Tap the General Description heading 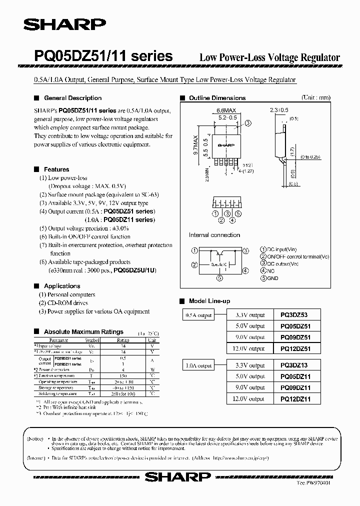(x=72, y=98)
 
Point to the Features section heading (x=56, y=169)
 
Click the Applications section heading (x=62, y=286)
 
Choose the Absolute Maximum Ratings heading (x=83, y=332)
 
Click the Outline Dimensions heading (x=217, y=98)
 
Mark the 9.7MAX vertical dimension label (x=196, y=145)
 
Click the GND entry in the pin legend (x=273, y=278)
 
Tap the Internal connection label (x=215, y=235)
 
